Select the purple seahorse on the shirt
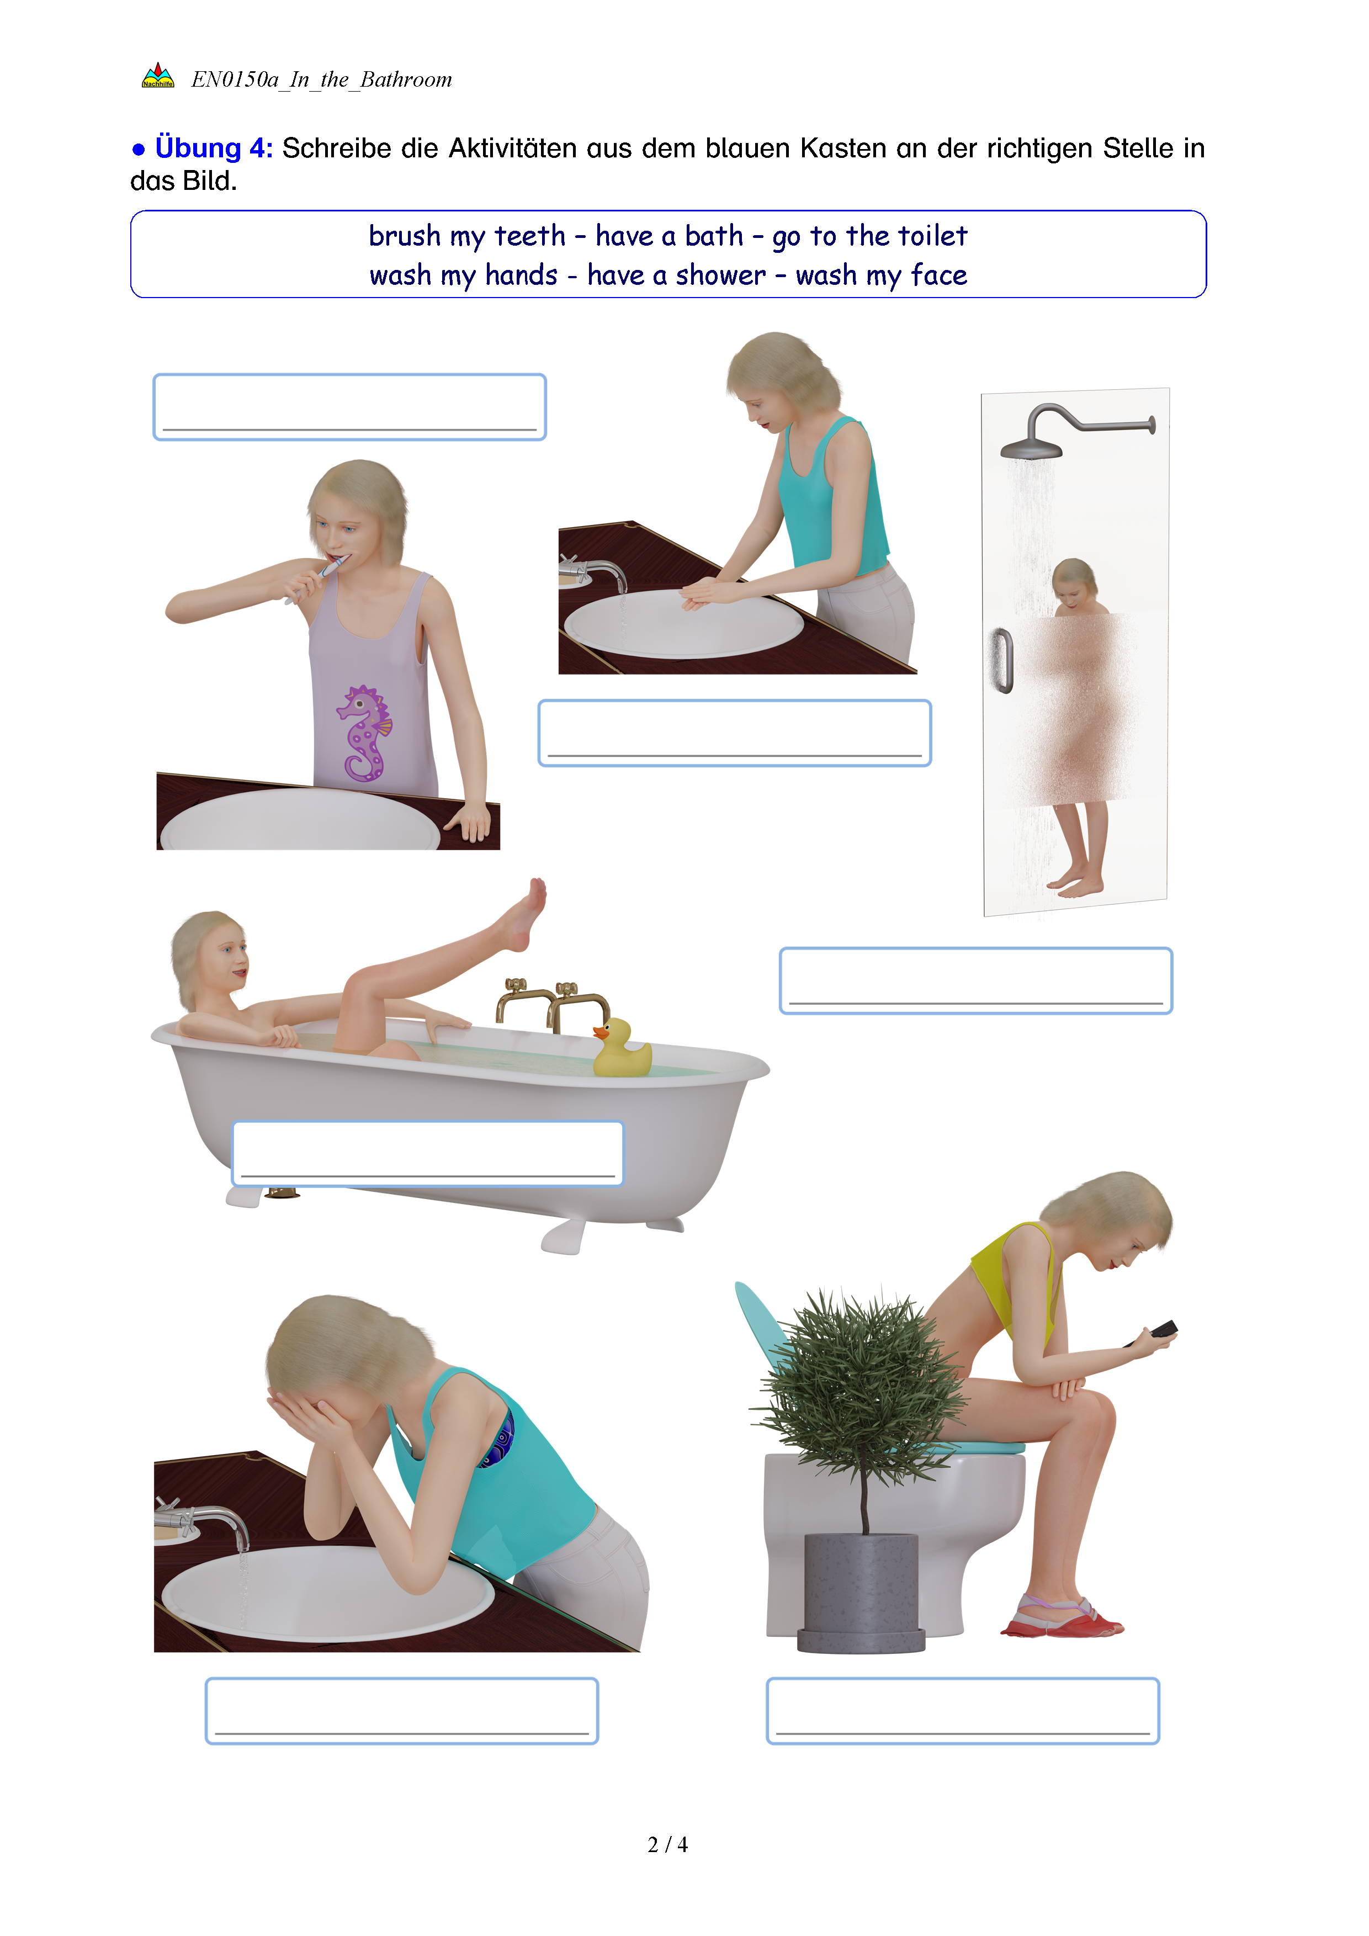(x=365, y=732)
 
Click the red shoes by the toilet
(x=1062, y=1616)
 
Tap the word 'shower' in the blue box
(x=721, y=275)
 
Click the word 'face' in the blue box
(x=939, y=275)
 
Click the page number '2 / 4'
(x=667, y=1845)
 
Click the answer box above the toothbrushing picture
(x=350, y=407)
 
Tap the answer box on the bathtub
(x=427, y=1154)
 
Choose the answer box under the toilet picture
(x=963, y=1711)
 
